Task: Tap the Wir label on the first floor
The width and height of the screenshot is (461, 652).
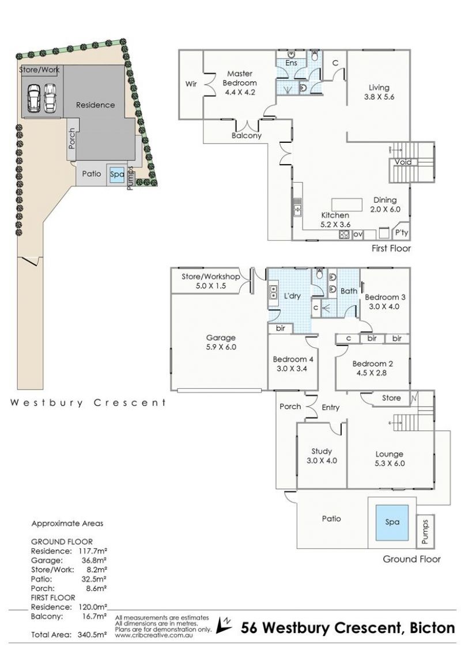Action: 191,84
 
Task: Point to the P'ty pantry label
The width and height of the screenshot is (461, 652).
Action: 402,233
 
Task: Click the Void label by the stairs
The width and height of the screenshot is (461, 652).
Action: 403,162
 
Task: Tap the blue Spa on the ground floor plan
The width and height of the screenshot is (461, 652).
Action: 392,522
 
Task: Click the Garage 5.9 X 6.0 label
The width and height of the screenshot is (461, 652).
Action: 221,342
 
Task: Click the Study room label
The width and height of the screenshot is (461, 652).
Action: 322,451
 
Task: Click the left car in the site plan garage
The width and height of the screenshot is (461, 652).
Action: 33,98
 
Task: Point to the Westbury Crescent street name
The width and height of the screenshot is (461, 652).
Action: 88,403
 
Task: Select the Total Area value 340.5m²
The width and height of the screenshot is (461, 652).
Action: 92,635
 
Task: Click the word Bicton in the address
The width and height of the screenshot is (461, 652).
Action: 432,627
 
